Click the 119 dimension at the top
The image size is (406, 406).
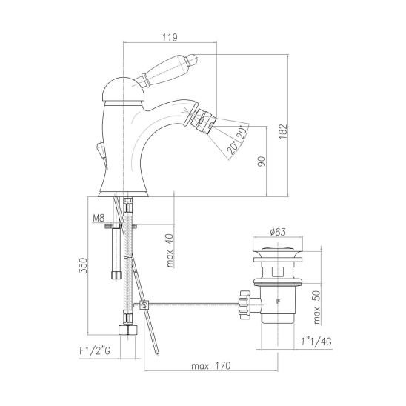170,37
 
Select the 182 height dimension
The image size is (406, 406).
283,131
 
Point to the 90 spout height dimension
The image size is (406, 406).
262,162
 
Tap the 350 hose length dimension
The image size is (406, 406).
83,265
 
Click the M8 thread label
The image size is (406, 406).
99,218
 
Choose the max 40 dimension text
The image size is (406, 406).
170,250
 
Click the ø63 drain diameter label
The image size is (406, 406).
278,232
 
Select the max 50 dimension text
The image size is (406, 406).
316,307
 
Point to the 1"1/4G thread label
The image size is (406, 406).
316,342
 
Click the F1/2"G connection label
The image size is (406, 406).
95,351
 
